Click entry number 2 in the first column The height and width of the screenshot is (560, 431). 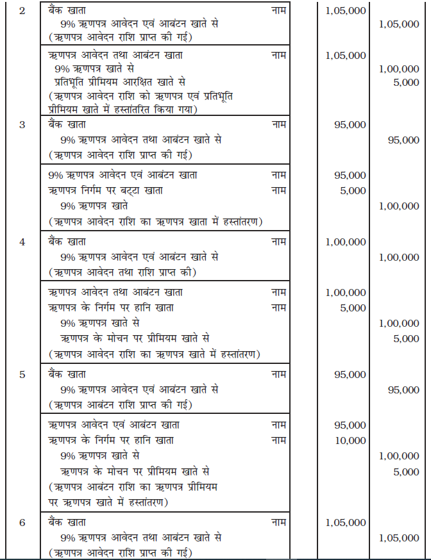tap(22, 11)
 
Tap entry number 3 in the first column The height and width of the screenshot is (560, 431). tap(22, 124)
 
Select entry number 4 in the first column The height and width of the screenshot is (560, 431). tap(22, 242)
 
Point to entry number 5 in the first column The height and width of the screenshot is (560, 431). tap(22, 374)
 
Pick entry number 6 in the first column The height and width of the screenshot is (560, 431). tap(22, 522)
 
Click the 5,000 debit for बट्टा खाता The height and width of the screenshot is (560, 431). tap(354, 190)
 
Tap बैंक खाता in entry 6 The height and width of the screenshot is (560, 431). tap(67, 522)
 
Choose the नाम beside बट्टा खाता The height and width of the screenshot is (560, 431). tap(278, 190)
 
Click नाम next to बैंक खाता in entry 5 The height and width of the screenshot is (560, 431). tap(278, 374)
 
